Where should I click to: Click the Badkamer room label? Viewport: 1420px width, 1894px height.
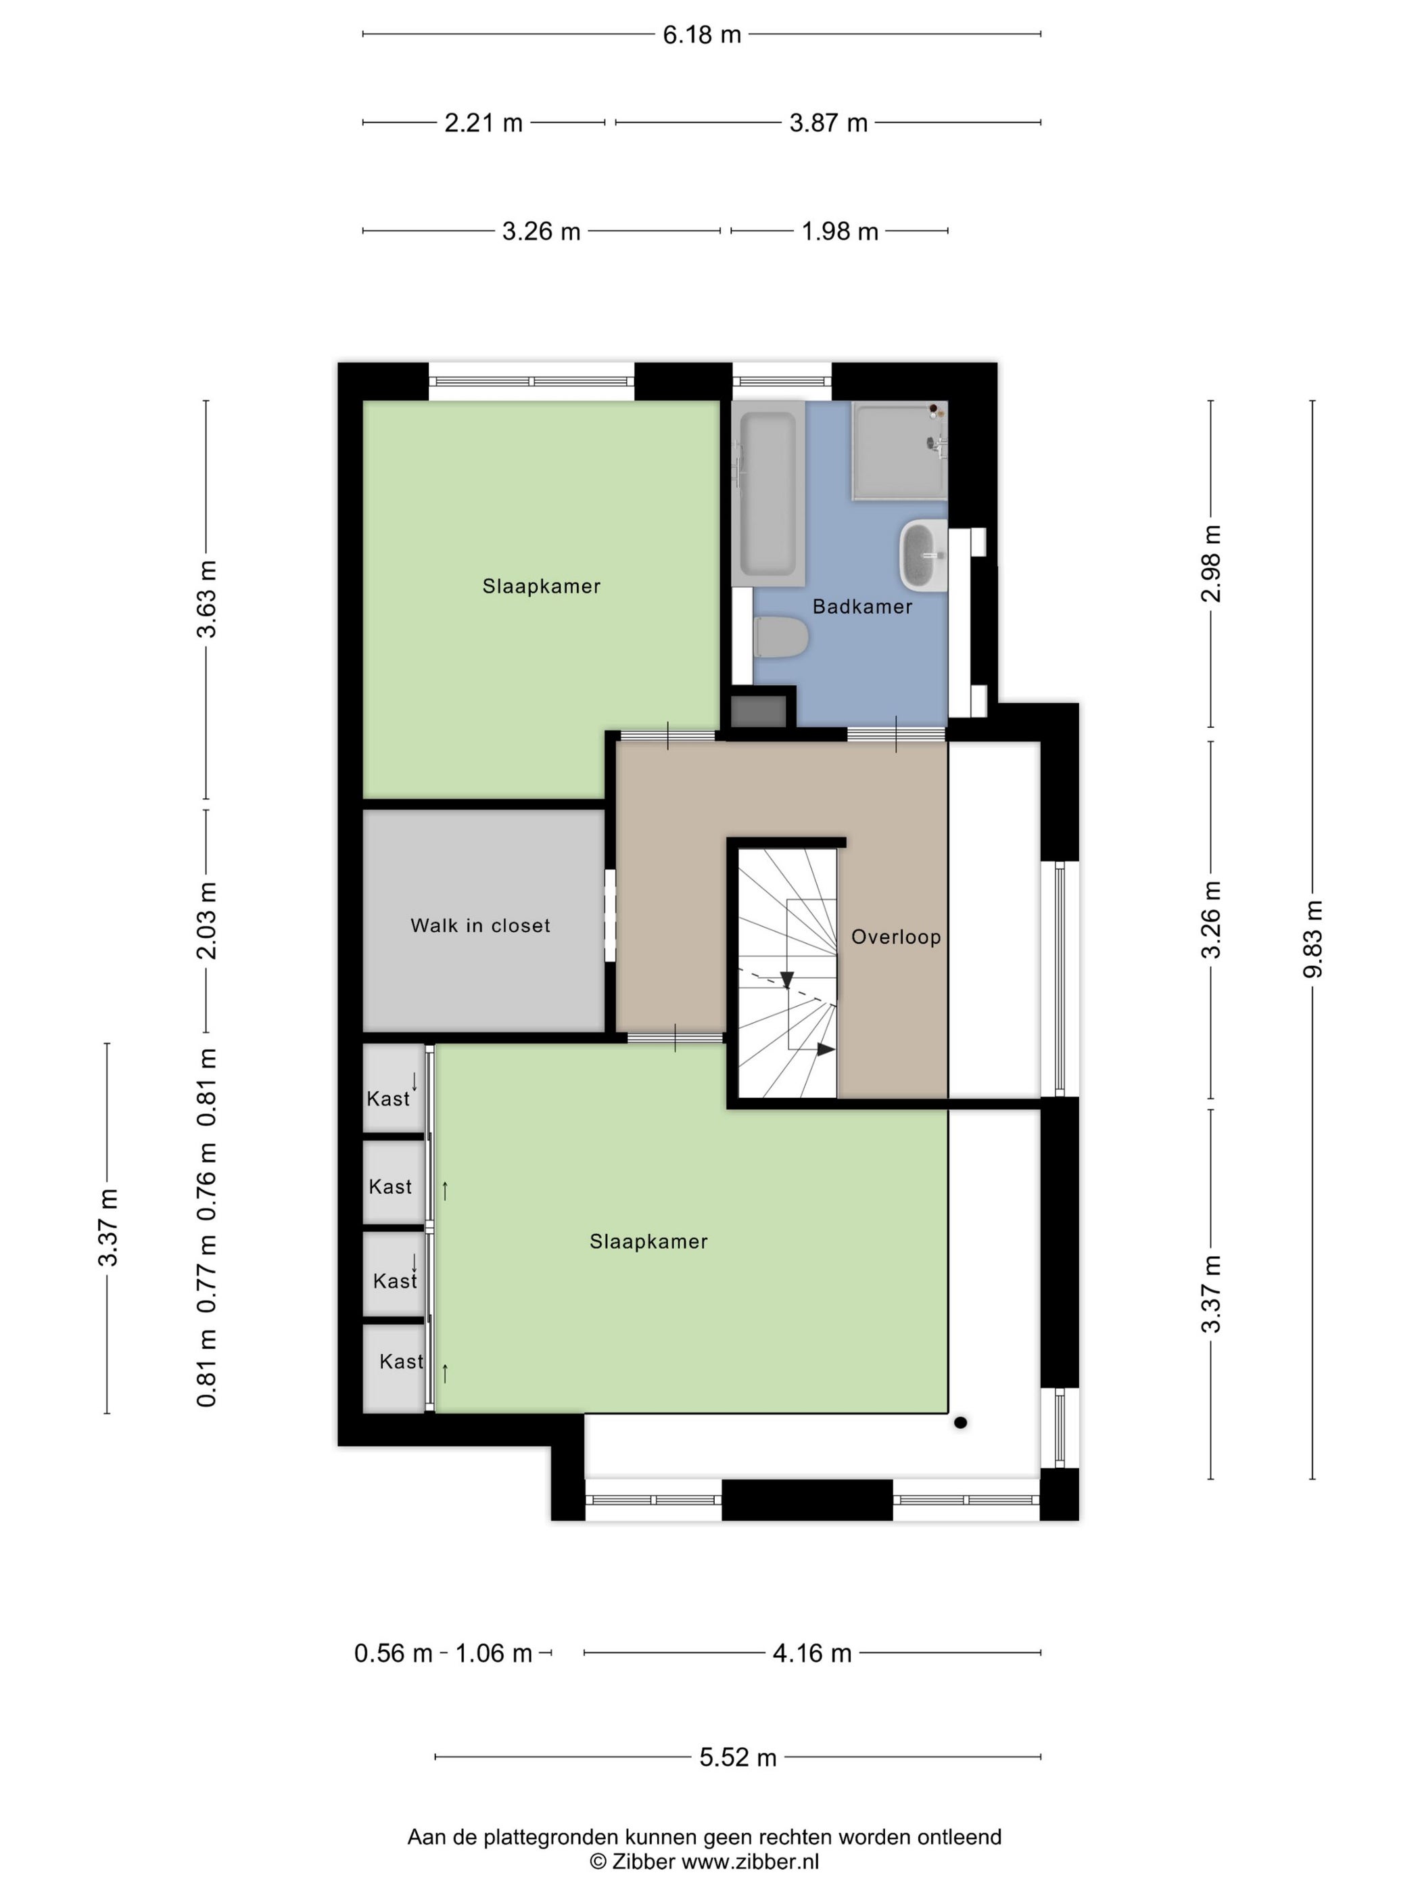[x=862, y=606]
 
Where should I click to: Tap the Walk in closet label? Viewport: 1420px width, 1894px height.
[x=480, y=925]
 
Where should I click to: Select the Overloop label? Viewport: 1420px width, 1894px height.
[x=896, y=937]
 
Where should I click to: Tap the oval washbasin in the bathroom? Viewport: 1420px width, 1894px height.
[x=923, y=556]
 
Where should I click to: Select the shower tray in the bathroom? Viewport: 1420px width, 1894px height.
[x=899, y=451]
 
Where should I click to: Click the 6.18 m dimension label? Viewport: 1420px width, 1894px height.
[x=702, y=35]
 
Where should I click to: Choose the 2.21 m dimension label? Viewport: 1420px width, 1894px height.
[x=483, y=123]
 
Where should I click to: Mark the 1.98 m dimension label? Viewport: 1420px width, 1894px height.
[x=840, y=231]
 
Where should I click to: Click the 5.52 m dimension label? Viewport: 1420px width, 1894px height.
[x=738, y=1758]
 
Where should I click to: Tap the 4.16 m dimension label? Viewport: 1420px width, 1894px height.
[x=812, y=1653]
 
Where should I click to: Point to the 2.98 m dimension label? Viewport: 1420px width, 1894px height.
[x=1211, y=563]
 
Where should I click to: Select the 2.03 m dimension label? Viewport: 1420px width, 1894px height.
[x=206, y=921]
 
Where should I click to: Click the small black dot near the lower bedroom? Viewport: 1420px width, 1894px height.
[x=960, y=1423]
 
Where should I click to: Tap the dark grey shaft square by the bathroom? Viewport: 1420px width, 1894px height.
[x=759, y=712]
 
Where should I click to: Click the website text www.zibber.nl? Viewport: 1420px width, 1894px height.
[x=750, y=1862]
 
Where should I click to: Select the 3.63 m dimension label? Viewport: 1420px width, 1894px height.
[x=206, y=599]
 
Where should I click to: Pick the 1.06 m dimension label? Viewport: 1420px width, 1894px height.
[x=494, y=1653]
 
